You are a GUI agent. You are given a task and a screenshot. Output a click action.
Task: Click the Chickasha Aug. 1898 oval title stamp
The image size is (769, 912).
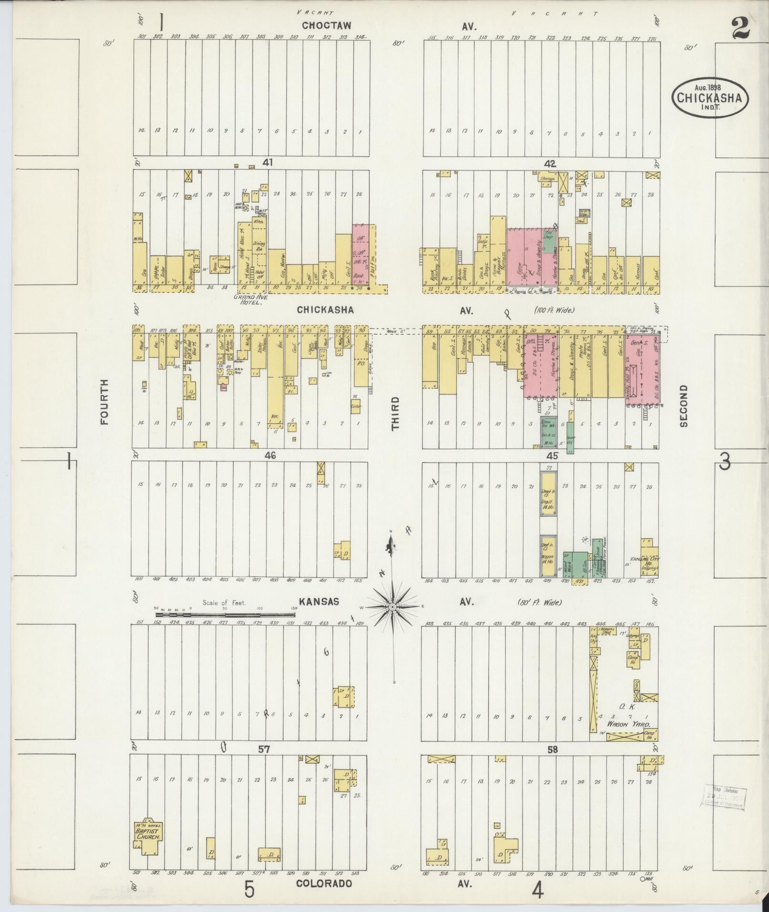click(x=710, y=97)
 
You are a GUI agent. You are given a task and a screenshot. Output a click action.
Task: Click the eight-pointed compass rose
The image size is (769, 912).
click(x=392, y=606)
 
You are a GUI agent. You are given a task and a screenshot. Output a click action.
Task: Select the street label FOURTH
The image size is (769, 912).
click(x=105, y=401)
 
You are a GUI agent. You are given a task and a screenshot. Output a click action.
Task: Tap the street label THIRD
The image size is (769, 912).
click(x=396, y=413)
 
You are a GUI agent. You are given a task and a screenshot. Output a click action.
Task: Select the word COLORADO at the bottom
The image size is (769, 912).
click(x=324, y=883)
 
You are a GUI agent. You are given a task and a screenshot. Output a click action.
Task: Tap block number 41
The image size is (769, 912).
click(x=267, y=163)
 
